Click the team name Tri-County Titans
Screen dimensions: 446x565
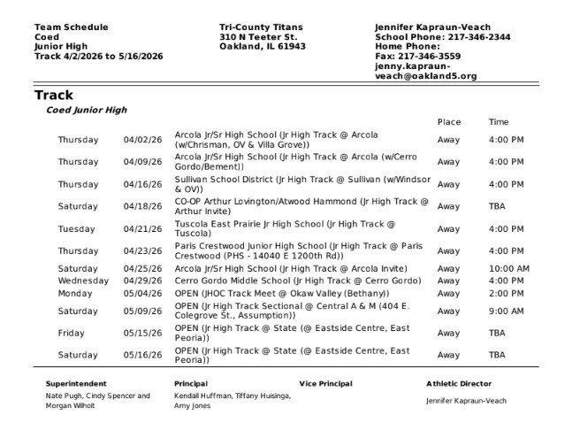point(258,27)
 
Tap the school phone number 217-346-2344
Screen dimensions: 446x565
point(478,37)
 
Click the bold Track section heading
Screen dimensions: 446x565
point(54,95)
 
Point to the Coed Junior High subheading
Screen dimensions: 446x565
point(87,111)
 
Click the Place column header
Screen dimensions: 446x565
point(448,122)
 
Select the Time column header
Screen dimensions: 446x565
point(499,122)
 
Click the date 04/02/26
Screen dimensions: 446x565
point(142,140)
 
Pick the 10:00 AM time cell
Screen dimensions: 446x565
point(508,269)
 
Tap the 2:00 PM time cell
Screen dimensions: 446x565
point(506,293)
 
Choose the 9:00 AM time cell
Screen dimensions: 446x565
point(506,311)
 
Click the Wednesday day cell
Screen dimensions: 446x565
point(83,281)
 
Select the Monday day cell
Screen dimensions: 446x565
point(75,293)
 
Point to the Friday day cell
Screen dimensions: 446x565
point(72,334)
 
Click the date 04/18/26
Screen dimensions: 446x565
point(142,206)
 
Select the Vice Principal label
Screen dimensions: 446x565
point(325,384)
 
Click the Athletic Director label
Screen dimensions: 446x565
point(459,384)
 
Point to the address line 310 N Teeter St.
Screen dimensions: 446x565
point(258,37)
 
